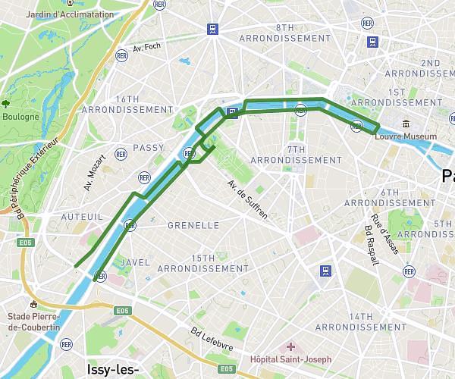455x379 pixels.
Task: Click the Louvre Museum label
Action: tap(406, 136)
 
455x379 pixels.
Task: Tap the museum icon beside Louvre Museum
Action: tap(406, 124)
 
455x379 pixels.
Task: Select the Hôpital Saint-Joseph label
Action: tap(290, 359)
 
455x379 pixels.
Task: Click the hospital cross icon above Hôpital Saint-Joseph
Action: tap(290, 346)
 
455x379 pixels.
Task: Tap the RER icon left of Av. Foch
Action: tap(121, 55)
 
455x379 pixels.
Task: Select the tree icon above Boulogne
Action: tap(6, 104)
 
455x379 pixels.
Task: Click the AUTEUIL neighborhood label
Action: tap(76, 216)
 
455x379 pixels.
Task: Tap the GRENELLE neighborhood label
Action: tap(193, 225)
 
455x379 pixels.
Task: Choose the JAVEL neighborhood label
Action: tap(134, 262)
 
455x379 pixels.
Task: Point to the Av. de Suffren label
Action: tap(247, 199)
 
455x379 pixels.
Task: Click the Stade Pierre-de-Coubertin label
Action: tap(34, 321)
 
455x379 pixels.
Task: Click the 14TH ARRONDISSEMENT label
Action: tap(366, 321)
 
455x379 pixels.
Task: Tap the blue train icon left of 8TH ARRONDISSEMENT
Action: tap(214, 30)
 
